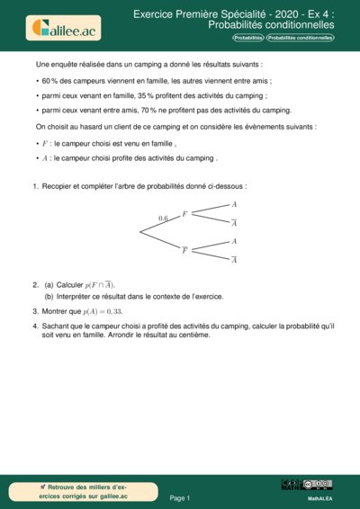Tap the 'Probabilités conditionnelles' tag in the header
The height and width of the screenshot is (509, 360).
(300, 40)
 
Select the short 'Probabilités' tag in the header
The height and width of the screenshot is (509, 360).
(248, 40)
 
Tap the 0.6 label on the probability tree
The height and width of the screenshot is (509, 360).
(163, 219)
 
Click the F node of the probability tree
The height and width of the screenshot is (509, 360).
(184, 214)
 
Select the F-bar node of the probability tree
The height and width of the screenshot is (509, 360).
(184, 250)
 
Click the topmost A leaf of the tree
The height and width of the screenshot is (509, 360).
(234, 205)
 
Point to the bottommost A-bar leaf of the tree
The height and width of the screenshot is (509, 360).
(234, 260)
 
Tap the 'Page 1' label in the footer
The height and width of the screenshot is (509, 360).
(180, 496)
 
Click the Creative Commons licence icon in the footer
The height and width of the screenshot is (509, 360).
(319, 485)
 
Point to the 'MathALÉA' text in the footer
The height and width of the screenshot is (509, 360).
(320, 496)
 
